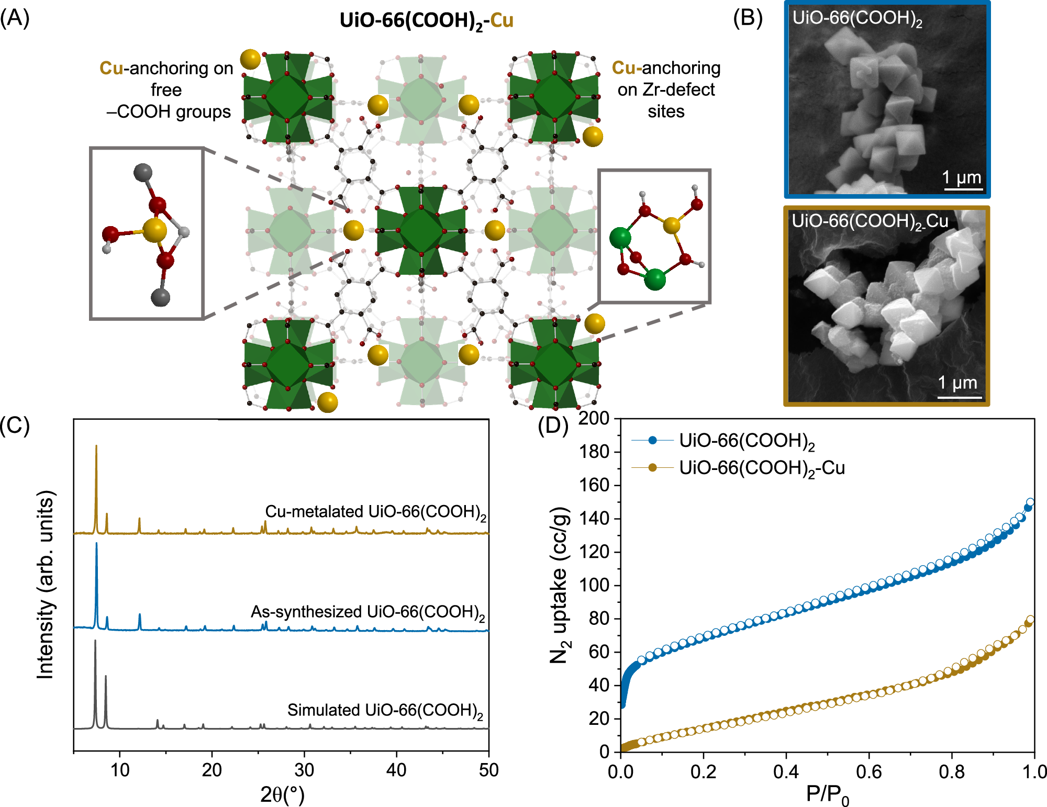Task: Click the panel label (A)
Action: point(15,18)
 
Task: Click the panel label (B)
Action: point(748,18)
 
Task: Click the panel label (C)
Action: point(15,425)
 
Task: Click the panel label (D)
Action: point(553,425)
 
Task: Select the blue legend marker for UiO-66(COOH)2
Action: point(652,441)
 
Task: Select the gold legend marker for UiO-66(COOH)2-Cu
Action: point(652,467)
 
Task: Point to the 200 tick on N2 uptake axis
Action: point(594,418)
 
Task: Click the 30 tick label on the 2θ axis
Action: point(304,770)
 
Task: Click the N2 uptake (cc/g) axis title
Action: point(559,585)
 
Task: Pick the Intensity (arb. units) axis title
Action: point(46,585)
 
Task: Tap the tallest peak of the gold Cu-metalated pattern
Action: point(96,446)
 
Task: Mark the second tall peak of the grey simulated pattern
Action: point(106,677)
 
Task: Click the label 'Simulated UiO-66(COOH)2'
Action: point(385,710)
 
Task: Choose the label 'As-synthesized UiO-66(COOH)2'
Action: point(367,612)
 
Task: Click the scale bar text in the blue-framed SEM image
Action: point(962,178)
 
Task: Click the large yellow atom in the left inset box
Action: point(155,230)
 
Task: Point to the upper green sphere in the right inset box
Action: point(620,238)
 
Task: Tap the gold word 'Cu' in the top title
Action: point(502,20)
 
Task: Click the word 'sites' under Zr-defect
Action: point(666,111)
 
